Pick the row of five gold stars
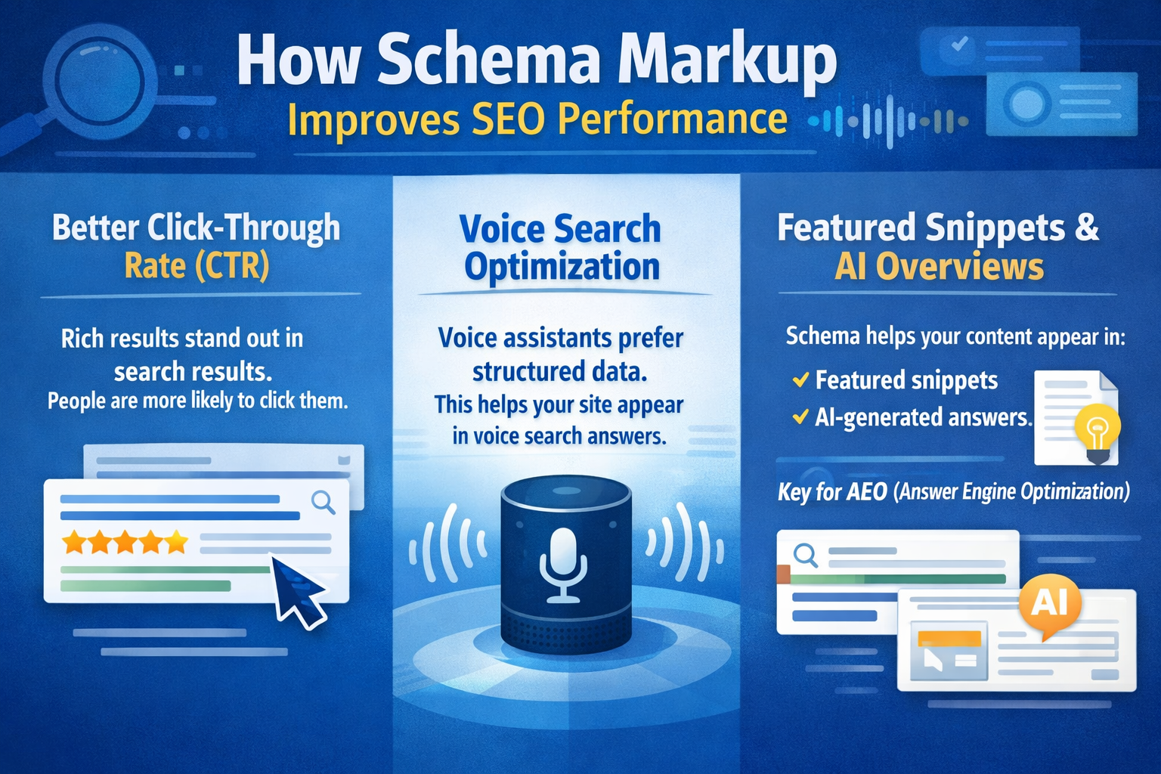pos(125,542)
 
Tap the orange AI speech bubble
pos(1050,603)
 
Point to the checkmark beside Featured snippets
pos(800,379)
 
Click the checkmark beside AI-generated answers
pos(800,416)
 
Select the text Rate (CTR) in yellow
pos(197,266)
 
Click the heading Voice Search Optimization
pos(561,248)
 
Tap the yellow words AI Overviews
pos(939,267)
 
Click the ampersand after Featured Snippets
pos(1086,228)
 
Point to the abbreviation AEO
pos(866,492)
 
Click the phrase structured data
pos(559,371)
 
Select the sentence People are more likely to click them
pos(198,401)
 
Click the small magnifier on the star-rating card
pos(324,501)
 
